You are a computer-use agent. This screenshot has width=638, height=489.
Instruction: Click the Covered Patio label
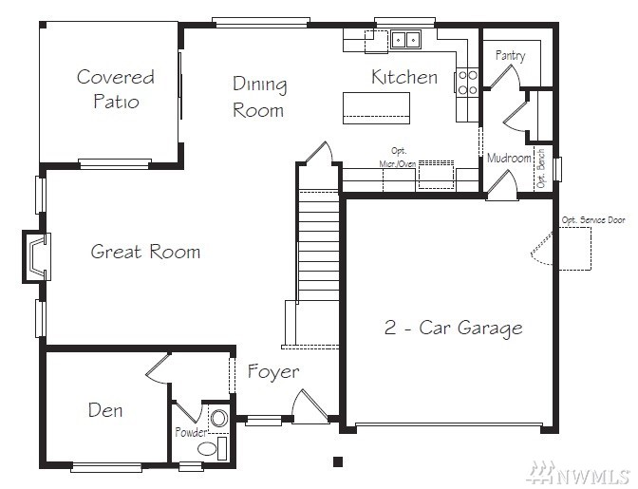coord(116,89)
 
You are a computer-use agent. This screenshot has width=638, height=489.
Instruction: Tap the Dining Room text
coord(259,97)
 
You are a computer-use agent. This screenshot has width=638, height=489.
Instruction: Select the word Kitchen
coord(404,77)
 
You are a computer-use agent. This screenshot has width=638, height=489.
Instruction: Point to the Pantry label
coord(510,55)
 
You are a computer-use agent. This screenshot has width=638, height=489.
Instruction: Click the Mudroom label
coord(509,158)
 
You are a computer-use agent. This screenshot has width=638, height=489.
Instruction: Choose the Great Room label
coord(145,252)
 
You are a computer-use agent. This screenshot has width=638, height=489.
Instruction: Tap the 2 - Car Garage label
coord(453,328)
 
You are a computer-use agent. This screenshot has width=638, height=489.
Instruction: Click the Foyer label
coord(273,371)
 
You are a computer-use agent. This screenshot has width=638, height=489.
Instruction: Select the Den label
coord(105,410)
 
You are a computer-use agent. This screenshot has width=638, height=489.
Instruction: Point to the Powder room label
coord(191,432)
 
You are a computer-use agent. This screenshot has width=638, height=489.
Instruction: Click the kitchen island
coord(376,108)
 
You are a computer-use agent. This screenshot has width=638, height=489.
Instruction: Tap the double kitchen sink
coord(405,40)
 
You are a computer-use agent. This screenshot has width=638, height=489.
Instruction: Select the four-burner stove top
coord(467,82)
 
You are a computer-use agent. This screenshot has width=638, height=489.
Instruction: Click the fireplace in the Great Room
coord(37,256)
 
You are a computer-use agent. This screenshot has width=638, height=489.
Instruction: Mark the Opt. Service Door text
coord(593,220)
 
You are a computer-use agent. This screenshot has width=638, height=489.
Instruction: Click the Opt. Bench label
coord(540,168)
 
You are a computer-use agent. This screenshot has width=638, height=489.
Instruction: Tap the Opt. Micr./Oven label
coord(398,157)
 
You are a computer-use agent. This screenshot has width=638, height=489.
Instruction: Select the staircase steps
coord(318,247)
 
